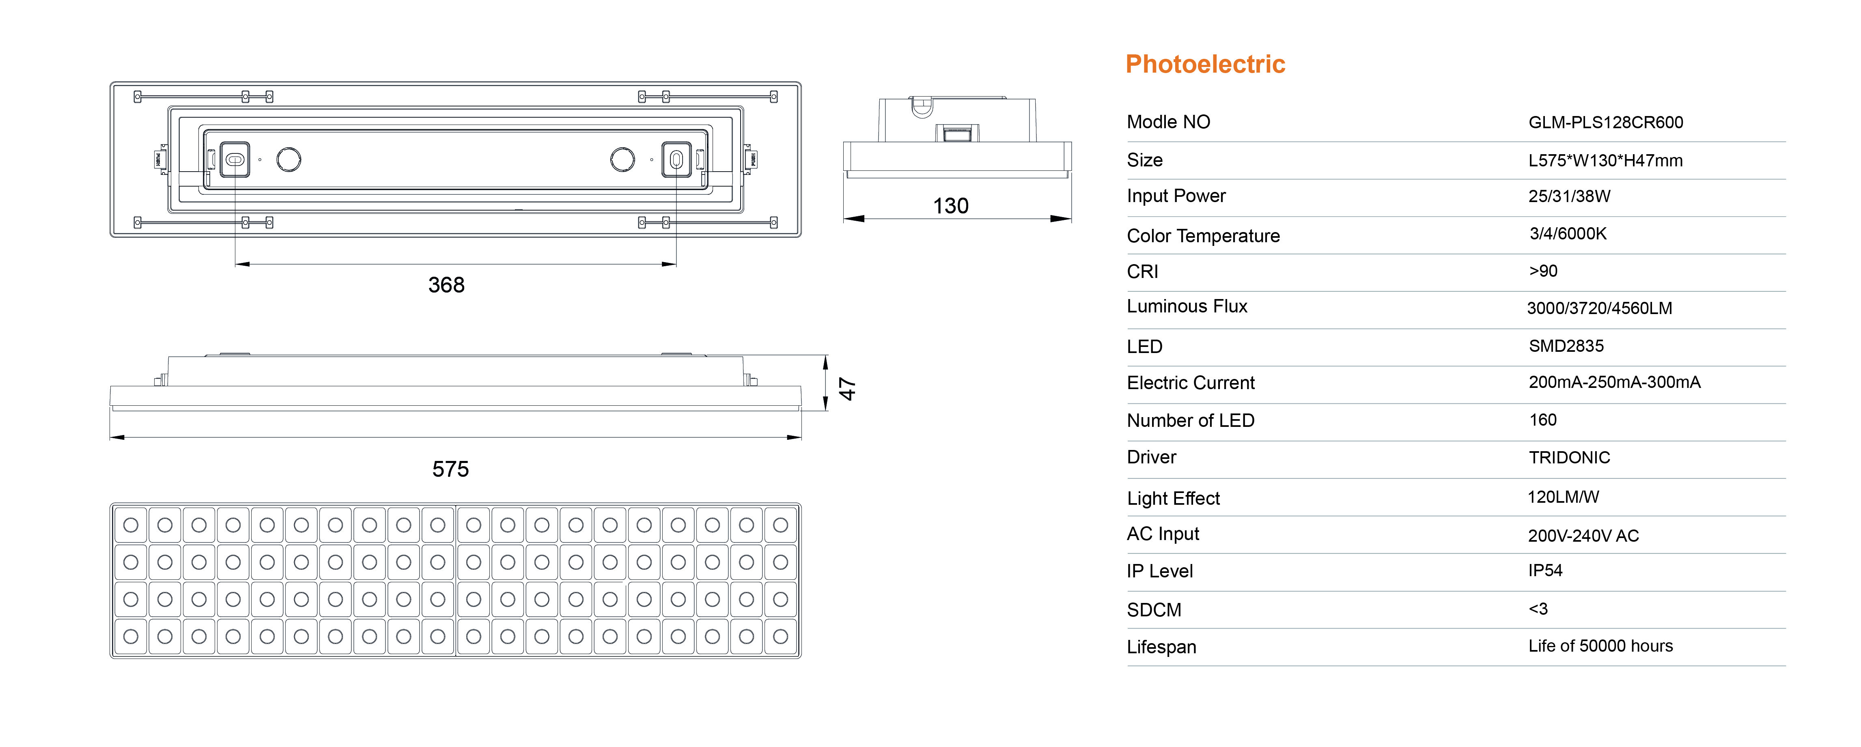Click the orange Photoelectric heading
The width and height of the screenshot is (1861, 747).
point(1205,64)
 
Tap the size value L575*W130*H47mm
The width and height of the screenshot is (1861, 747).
point(1605,160)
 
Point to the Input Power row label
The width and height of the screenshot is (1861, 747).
point(1176,196)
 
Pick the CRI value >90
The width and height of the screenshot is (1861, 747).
point(1543,271)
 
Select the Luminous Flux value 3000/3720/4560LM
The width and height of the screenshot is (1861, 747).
point(1600,308)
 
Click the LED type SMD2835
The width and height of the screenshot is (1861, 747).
point(1566,346)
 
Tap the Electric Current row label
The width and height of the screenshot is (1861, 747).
point(1191,383)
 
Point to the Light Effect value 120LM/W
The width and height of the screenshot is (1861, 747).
point(1563,497)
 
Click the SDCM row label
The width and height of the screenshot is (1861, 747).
point(1154,610)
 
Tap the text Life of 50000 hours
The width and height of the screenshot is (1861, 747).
point(1600,646)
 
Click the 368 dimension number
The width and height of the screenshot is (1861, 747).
point(446,285)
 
